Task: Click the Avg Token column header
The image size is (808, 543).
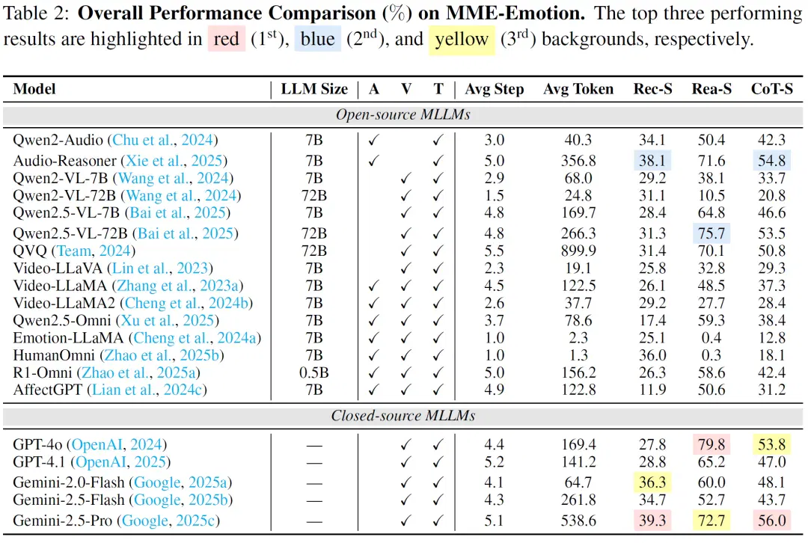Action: (x=578, y=89)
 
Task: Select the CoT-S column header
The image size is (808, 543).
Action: (x=771, y=89)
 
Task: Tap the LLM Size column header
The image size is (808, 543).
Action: (x=314, y=89)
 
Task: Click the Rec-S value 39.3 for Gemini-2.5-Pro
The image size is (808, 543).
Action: (x=652, y=521)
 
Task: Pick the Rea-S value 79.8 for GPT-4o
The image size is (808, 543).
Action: (x=711, y=444)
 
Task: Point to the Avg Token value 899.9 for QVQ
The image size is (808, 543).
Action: (x=578, y=251)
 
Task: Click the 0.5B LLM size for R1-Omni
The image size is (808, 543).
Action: (x=313, y=372)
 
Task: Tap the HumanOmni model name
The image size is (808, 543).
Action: (x=54, y=355)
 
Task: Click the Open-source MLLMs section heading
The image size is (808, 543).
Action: (x=403, y=114)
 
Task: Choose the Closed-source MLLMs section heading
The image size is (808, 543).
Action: (x=403, y=416)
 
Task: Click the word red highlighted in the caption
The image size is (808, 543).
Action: (x=226, y=39)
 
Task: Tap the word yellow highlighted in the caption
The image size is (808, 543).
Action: (x=462, y=39)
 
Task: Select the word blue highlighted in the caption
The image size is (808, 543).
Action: (x=317, y=39)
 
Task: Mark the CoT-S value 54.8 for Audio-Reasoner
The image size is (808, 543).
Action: (x=771, y=161)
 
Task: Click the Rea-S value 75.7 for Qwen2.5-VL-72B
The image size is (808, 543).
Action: (x=711, y=233)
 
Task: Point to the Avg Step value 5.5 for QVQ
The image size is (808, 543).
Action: (x=494, y=251)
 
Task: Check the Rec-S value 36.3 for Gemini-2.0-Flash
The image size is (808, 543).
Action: (x=652, y=482)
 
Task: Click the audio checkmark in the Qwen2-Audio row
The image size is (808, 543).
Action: (x=373, y=140)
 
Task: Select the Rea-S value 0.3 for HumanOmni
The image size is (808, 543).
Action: (x=711, y=355)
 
